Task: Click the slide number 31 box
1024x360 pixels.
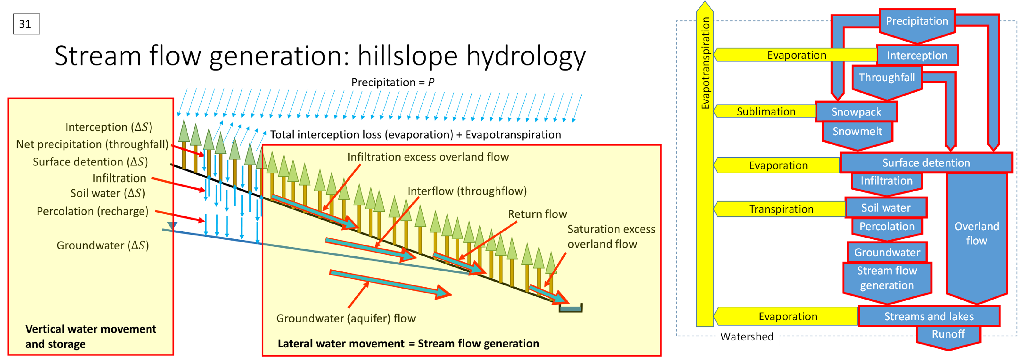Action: tap(26, 24)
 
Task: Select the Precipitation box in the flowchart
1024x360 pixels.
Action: tap(917, 21)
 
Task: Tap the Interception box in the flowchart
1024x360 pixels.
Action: tap(917, 56)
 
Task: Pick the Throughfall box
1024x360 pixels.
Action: tap(887, 78)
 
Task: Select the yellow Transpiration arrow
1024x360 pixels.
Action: tap(781, 209)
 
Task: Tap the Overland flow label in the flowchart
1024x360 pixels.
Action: tap(976, 233)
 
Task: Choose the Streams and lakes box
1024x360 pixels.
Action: tap(929, 316)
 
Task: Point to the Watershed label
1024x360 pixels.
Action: tap(746, 336)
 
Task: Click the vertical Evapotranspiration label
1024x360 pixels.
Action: tap(705, 64)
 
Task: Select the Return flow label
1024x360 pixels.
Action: tap(537, 214)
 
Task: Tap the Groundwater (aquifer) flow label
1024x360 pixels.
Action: tap(345, 318)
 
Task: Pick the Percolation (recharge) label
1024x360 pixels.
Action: tap(92, 211)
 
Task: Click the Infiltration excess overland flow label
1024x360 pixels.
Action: tap(428, 157)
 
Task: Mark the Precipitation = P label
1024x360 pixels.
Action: tap(392, 82)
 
